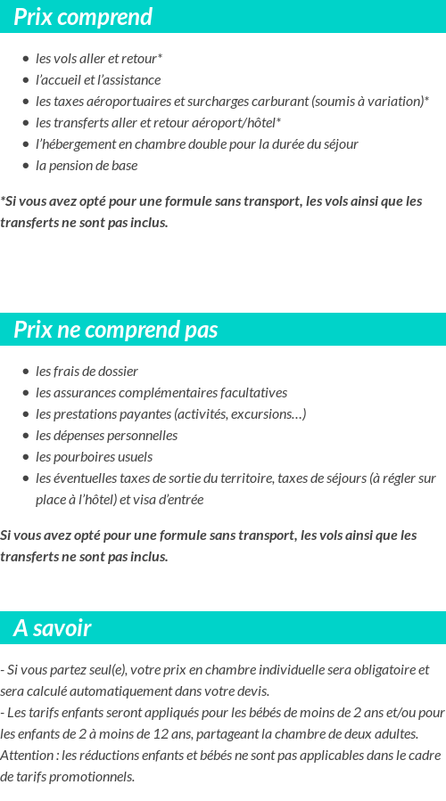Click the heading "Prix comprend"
83,17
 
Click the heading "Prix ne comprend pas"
115,330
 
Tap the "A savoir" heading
52,628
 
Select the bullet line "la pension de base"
87,166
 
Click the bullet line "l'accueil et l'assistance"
98,80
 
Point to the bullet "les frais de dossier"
87,372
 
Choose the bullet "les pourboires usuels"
94,457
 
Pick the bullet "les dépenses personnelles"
106,436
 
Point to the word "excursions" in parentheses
272,414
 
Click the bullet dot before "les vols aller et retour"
25,59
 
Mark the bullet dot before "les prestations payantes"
25,414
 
